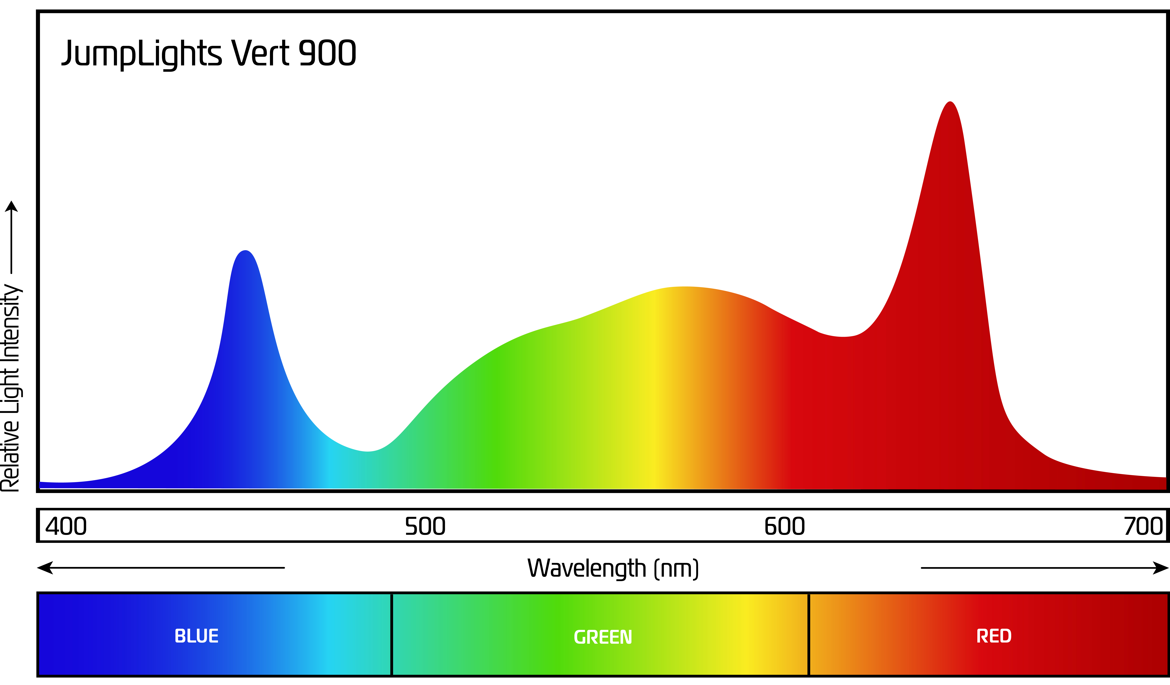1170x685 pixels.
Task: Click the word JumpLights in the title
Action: pos(142,53)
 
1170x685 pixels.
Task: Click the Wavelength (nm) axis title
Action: pos(613,568)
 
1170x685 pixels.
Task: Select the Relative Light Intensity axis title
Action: pos(11,388)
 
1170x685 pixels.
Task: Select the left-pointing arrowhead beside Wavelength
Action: pos(45,568)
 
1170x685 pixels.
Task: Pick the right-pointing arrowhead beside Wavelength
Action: pos(1161,568)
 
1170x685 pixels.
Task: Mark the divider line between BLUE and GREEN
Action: pos(392,634)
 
